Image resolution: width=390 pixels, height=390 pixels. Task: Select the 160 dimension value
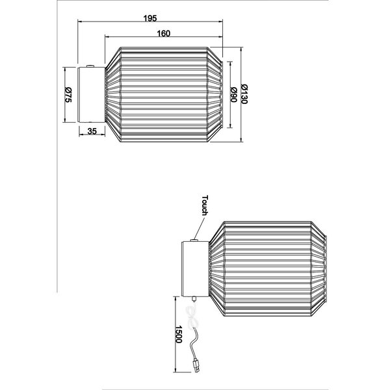(163, 34)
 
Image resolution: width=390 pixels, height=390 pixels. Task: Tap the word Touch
(204, 205)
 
